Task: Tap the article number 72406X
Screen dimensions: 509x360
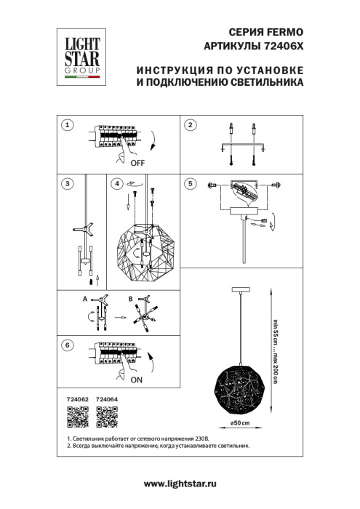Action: pos(279,47)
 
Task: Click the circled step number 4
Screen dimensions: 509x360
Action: pos(116,184)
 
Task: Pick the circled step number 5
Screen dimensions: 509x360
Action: pos(190,184)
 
